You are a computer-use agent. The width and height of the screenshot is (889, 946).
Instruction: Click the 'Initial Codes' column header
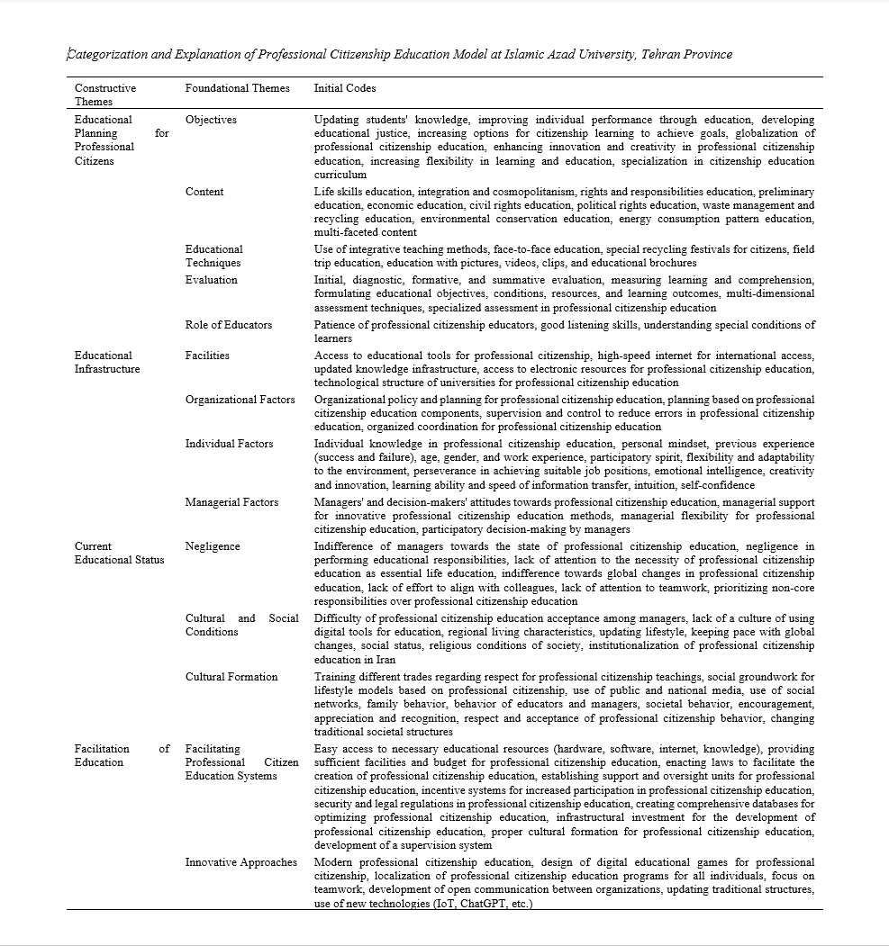(x=345, y=88)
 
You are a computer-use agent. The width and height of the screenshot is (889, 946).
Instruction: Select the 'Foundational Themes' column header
(x=238, y=88)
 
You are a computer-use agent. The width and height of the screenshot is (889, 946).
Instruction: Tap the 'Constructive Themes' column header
(x=105, y=95)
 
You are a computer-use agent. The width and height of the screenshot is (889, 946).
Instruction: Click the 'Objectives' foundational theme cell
(x=211, y=120)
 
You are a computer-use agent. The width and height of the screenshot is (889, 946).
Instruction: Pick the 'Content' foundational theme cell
(x=204, y=192)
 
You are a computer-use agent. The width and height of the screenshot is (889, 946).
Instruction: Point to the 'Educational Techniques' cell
(x=213, y=256)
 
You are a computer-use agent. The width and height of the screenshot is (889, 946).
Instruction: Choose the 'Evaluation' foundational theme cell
(x=212, y=280)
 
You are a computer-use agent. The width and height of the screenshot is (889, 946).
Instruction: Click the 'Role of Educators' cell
(x=229, y=325)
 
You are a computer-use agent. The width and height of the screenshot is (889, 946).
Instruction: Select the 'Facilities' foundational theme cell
(x=207, y=356)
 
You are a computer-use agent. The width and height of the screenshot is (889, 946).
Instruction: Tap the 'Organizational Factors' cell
(x=240, y=400)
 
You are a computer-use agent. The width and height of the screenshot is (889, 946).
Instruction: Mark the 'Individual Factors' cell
(x=230, y=444)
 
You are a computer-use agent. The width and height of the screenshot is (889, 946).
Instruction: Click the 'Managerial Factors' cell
(x=232, y=502)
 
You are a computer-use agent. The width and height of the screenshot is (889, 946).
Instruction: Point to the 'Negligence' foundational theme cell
(x=213, y=546)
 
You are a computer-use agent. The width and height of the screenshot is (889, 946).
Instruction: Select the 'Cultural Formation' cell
(x=231, y=677)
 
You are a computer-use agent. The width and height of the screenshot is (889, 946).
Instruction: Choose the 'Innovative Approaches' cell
(x=241, y=862)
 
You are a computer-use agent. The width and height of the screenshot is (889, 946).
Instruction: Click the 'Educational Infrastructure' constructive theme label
(x=107, y=362)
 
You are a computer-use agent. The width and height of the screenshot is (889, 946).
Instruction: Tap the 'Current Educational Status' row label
(x=119, y=553)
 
